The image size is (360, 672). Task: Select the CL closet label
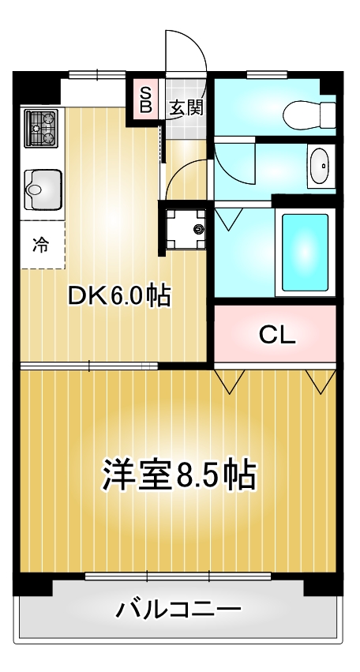pos(277,335)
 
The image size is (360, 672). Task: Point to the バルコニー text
pos(178,610)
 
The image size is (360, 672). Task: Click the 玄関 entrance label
pos(186,107)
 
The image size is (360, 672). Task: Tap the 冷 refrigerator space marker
pos(39,244)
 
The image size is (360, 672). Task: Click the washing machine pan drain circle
pos(197,229)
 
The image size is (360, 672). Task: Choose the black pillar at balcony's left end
pos(32,585)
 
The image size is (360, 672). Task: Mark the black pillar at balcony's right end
pos(324,585)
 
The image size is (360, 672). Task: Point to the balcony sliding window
pos(178,576)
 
